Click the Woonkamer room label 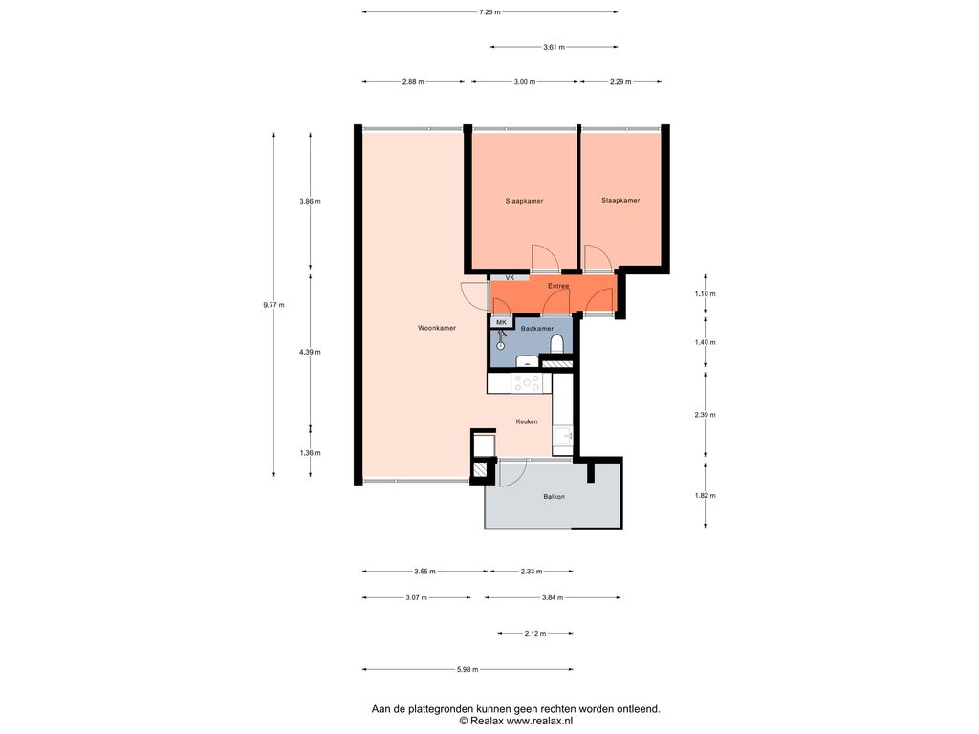coord(436,328)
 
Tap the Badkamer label coord(537,329)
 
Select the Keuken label coord(527,421)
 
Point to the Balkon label coord(554,497)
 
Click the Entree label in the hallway coord(558,286)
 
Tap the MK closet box coord(501,322)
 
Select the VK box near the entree coord(510,278)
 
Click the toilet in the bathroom coord(557,344)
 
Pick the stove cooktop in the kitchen coord(527,382)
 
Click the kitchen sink coord(562,435)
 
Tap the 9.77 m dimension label coord(273,305)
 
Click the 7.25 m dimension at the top coord(489,11)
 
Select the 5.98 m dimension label coord(467,670)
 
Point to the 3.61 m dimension coord(554,47)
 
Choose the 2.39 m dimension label coord(705,415)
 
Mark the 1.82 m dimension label coord(705,496)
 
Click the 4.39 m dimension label coord(310,352)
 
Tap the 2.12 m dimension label coord(535,634)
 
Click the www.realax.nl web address coord(539,721)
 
